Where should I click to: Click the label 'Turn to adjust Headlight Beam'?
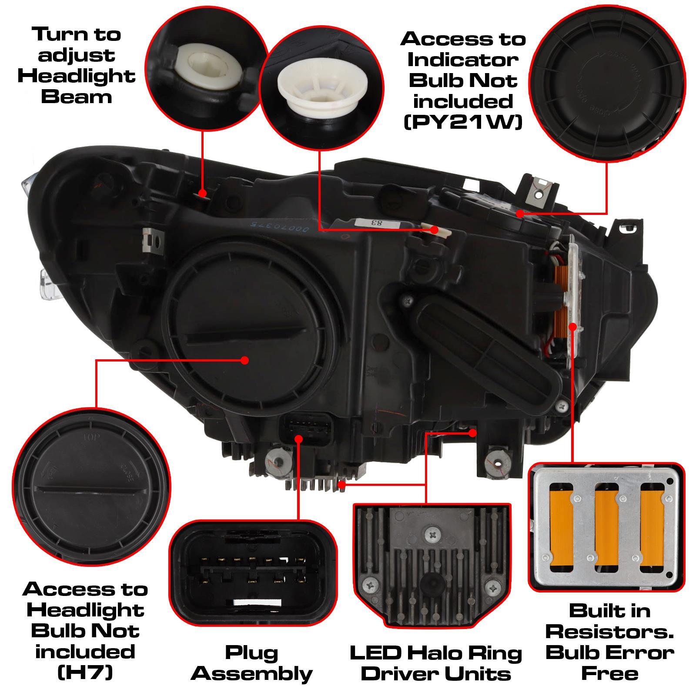[77, 65]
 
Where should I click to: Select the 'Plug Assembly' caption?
[252, 663]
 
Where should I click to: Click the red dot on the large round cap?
[244, 360]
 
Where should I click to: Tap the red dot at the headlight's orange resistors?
[573, 326]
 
